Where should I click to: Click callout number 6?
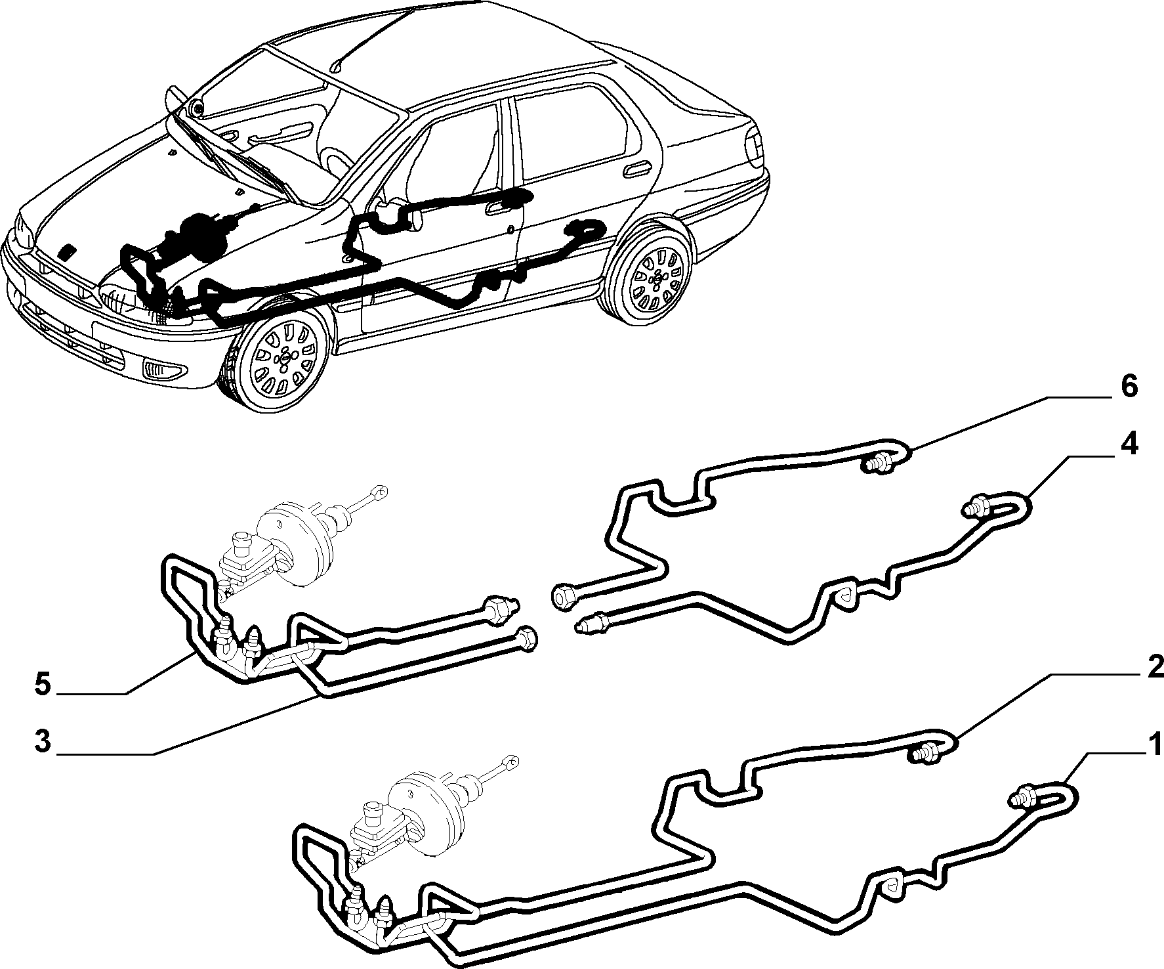[1128, 388]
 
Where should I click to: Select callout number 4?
[1129, 446]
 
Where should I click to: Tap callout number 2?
[1155, 668]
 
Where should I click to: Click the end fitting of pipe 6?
[875, 464]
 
